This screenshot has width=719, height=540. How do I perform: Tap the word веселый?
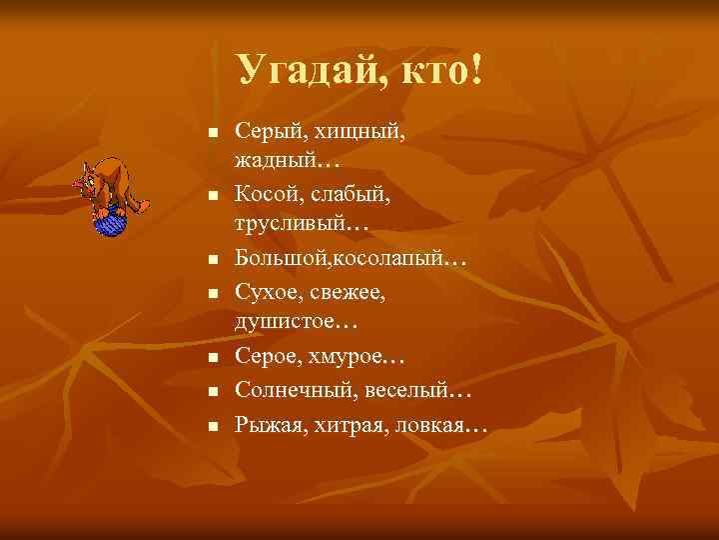405,390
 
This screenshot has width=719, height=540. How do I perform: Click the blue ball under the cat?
108,221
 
